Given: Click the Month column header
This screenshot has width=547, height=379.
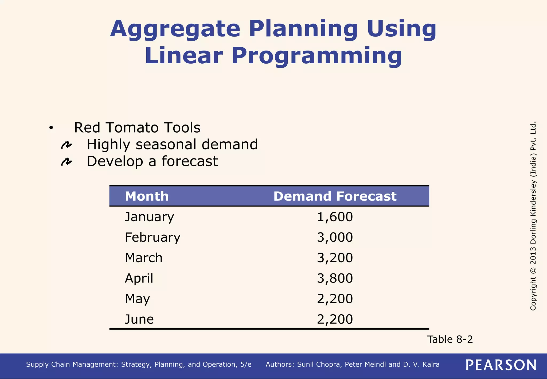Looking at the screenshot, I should click(147, 196).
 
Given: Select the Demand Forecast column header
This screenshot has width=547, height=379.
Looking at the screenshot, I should click(335, 196).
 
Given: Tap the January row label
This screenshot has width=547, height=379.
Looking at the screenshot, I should click(149, 217).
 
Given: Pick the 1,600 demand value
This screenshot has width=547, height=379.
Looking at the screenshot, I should click(335, 217).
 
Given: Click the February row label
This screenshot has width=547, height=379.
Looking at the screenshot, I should click(153, 237).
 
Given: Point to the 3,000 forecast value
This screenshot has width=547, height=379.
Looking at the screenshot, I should click(335, 237).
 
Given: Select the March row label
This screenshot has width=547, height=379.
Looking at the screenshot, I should click(143, 258).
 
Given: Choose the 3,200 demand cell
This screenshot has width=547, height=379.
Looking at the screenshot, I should click(335, 258).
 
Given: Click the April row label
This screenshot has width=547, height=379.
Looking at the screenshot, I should click(139, 279).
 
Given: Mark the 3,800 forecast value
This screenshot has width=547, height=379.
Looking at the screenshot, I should click(335, 279).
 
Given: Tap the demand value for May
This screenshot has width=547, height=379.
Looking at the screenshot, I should click(335, 299).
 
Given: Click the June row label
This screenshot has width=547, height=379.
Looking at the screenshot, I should click(139, 319).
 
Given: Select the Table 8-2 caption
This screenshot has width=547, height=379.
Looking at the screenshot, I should click(450, 339).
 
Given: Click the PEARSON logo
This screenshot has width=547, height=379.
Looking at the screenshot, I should click(501, 365).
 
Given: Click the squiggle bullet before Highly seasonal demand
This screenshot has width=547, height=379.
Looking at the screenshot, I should click(66, 145).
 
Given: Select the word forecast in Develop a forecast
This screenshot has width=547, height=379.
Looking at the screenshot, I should click(190, 161).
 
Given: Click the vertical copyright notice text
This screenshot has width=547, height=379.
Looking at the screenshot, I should click(533, 216).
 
